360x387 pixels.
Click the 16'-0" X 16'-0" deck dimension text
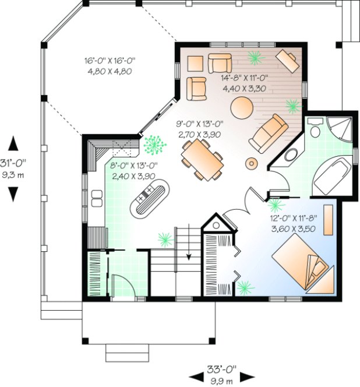(x=110, y=65)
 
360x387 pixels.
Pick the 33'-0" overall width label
(x=222, y=374)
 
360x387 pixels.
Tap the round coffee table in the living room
(x=242, y=108)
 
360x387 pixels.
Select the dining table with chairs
(x=202, y=159)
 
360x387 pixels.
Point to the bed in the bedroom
(x=303, y=264)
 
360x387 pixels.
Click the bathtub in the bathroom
(x=331, y=174)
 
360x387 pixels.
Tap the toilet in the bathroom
(x=316, y=129)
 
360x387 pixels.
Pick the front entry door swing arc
(x=121, y=286)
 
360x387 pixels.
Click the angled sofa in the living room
(x=269, y=133)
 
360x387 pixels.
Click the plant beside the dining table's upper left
(x=154, y=144)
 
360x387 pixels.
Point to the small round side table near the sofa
(x=252, y=161)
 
